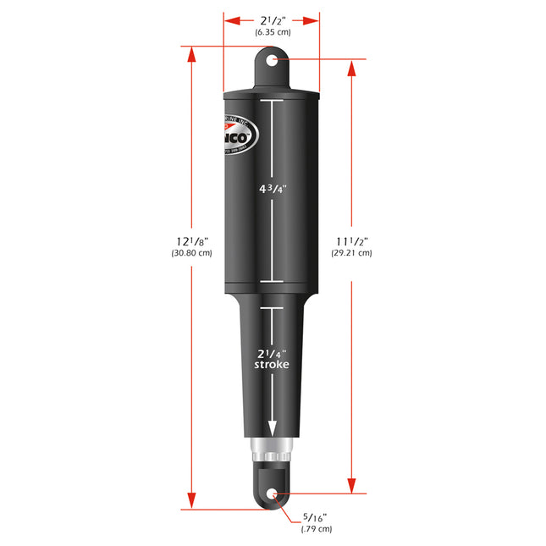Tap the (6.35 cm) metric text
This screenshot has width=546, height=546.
pyautogui.click(x=272, y=32)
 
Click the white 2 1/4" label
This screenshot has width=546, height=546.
pyautogui.click(x=272, y=352)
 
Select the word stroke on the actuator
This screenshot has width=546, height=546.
pyautogui.click(x=272, y=365)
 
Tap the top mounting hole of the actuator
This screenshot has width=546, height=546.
pyautogui.click(x=272, y=61)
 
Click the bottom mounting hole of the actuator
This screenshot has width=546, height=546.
pyautogui.click(x=272, y=495)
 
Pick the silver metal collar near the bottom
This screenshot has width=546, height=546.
pyautogui.click(x=272, y=449)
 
